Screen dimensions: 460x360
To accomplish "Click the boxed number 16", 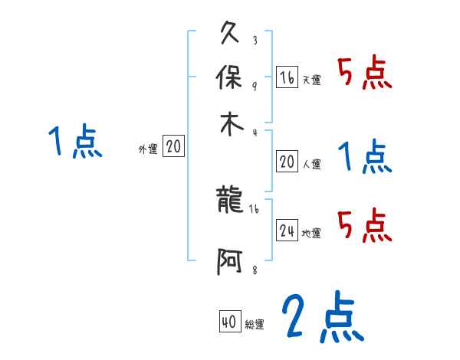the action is (x=287, y=77).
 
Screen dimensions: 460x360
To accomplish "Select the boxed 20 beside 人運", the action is (x=287, y=162).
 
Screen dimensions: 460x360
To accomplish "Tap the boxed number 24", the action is (x=287, y=231).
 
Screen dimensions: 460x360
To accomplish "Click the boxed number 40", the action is (x=228, y=322).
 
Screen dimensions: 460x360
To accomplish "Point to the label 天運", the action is (x=311, y=80).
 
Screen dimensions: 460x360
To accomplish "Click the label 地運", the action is (x=311, y=234).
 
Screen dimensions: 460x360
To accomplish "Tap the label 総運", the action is (x=255, y=325).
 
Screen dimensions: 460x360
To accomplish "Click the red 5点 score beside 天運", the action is (x=364, y=74).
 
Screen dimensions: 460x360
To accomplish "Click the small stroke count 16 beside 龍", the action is (x=255, y=208).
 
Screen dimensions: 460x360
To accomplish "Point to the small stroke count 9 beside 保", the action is (x=255, y=84).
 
